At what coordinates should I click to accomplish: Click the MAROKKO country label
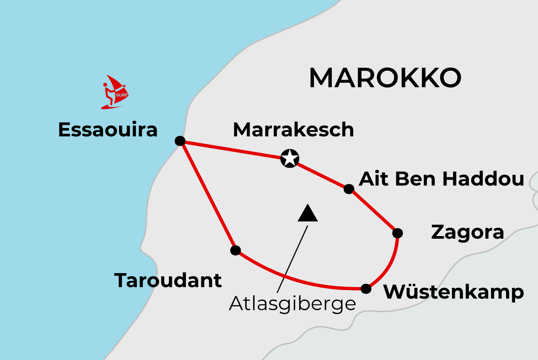click(385, 78)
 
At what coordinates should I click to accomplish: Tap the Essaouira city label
click(108, 130)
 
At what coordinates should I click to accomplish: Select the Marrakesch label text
click(293, 130)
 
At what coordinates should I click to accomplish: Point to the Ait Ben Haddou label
click(442, 179)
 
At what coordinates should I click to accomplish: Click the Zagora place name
click(467, 233)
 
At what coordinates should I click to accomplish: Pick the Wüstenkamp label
click(453, 292)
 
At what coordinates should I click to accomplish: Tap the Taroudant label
click(168, 280)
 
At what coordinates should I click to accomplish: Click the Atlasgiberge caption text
click(292, 304)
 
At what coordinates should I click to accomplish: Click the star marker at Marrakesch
click(289, 158)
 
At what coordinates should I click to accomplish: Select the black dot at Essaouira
click(180, 141)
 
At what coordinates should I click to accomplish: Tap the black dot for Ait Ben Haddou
click(349, 189)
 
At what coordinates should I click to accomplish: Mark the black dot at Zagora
click(397, 233)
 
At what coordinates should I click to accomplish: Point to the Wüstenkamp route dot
click(366, 289)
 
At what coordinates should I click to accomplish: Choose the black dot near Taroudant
click(235, 250)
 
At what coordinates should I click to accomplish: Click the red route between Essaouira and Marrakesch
click(231, 149)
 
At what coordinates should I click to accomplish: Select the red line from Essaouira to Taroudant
click(208, 196)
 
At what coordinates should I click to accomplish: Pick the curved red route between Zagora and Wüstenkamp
click(390, 266)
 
